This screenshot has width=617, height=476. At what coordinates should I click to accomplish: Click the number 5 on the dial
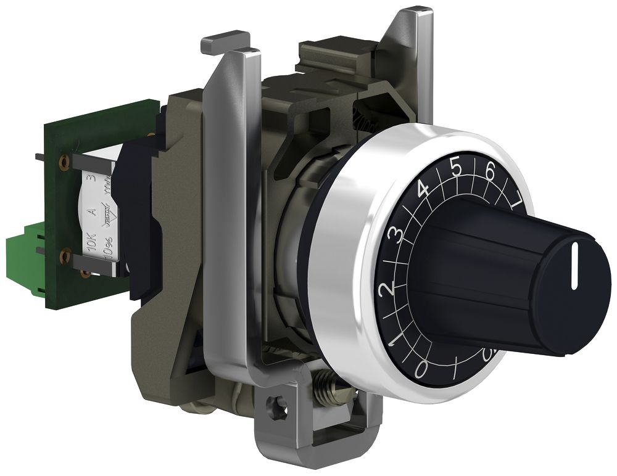[x=456, y=168]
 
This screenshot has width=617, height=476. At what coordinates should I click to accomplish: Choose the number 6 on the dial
[x=491, y=173]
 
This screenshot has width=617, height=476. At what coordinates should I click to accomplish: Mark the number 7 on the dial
[x=516, y=198]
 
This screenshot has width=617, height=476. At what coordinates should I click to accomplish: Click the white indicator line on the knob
[x=575, y=266]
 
